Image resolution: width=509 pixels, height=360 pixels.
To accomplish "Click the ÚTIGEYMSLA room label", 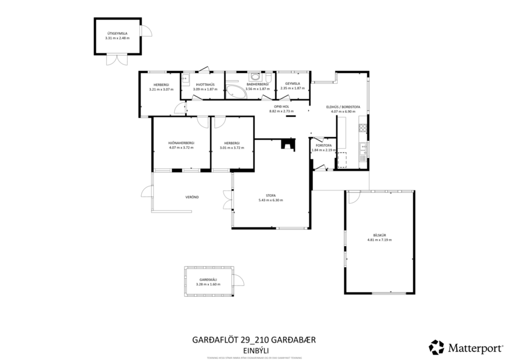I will point(117,34).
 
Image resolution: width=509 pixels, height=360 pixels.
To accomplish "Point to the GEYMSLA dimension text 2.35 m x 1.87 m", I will point(292,89).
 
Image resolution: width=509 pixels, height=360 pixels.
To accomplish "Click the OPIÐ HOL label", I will point(281,107).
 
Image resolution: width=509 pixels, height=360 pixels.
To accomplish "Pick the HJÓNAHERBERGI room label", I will point(181,143).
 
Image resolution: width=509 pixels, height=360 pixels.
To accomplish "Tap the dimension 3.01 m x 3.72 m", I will point(231,147).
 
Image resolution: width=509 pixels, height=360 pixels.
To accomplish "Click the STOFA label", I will point(270,196).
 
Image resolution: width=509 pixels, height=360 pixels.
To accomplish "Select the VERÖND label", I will point(192,197).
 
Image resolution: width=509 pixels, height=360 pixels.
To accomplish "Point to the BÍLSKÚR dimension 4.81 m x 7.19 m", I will point(379,240).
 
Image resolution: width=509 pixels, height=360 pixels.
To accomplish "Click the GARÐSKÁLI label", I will point(208,280).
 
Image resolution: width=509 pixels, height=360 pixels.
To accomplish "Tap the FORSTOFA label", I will point(323,146).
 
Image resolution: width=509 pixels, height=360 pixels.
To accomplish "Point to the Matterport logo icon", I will point(436,347).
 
